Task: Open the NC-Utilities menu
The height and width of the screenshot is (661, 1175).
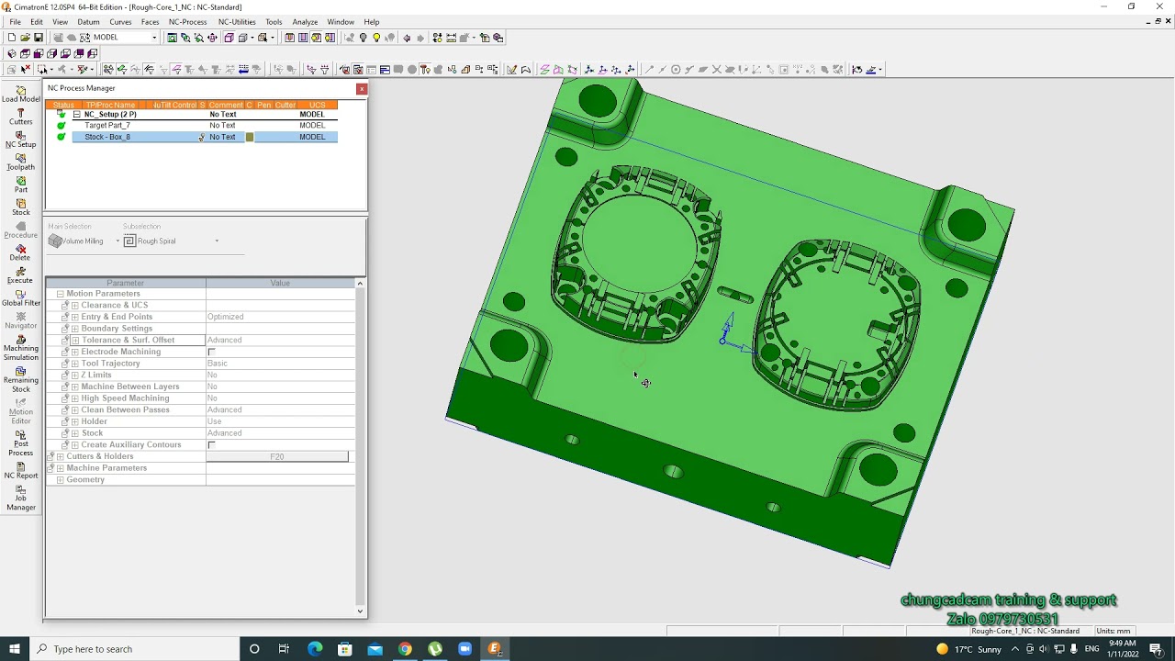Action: click(x=237, y=22)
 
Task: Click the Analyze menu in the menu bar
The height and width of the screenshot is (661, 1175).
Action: click(x=305, y=22)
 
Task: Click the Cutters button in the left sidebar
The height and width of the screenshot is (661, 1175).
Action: click(x=20, y=117)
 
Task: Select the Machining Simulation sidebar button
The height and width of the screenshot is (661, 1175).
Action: click(x=20, y=347)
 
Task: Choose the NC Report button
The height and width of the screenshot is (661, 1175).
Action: click(x=20, y=470)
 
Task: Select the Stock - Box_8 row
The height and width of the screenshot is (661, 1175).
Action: click(x=107, y=137)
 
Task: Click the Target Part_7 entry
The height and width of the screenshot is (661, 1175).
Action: click(x=107, y=126)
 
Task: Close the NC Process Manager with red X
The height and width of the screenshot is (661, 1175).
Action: click(x=362, y=89)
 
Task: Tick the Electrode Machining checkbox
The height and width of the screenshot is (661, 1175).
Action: click(x=211, y=353)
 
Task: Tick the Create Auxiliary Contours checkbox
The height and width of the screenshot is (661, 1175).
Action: click(x=211, y=445)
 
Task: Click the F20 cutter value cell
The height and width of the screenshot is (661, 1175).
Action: click(x=277, y=456)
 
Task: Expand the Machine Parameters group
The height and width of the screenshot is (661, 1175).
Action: click(x=60, y=468)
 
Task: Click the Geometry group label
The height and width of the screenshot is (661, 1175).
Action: click(x=85, y=480)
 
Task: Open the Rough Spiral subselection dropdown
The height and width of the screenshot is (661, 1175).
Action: click(x=217, y=241)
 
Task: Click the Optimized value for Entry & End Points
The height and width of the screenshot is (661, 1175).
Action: click(x=226, y=317)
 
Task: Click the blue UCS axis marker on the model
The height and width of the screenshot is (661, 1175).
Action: click(x=727, y=333)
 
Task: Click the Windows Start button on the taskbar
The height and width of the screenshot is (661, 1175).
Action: click(x=15, y=649)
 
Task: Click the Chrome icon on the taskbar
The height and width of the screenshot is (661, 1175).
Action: click(x=405, y=649)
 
